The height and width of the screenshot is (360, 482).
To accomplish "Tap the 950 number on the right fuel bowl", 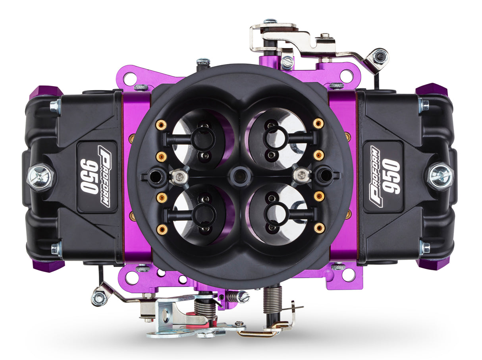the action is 391,176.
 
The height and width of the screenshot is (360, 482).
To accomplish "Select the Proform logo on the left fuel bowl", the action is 104,176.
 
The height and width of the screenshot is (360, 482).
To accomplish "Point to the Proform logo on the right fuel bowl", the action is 375,176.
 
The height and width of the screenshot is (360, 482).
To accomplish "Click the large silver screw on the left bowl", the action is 40,177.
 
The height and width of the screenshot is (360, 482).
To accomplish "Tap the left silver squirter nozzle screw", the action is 179,176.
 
